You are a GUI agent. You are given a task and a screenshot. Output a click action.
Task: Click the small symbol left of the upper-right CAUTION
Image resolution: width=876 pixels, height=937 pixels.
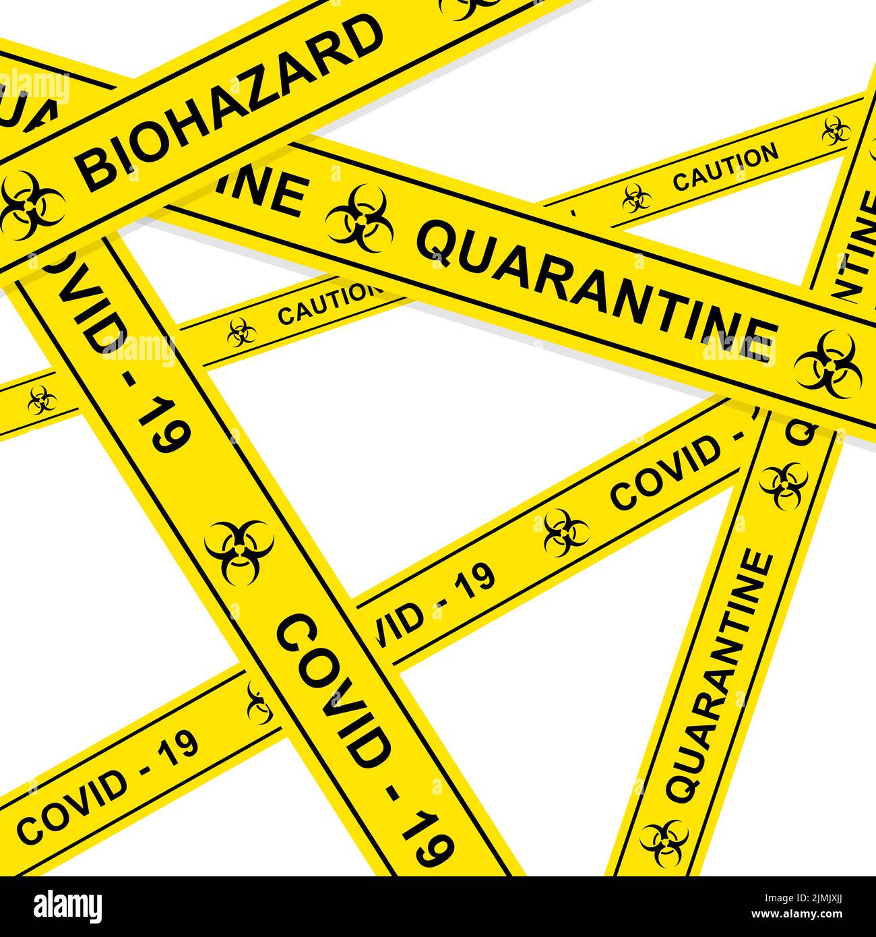point(636,199)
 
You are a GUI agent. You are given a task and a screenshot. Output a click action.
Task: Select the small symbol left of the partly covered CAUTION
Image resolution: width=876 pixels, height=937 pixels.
point(239,332)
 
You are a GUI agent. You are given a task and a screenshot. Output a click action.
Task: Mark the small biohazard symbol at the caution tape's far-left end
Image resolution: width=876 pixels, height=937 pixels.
point(42,400)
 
